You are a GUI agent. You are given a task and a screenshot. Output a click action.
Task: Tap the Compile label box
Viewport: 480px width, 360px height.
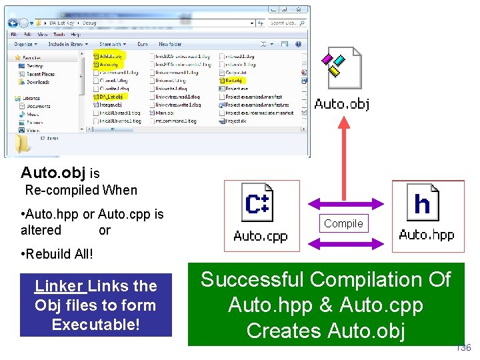point(343,224)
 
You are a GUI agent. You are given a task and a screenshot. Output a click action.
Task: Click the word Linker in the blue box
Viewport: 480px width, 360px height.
point(59,286)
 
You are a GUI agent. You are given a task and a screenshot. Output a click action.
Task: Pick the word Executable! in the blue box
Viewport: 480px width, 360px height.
point(96,325)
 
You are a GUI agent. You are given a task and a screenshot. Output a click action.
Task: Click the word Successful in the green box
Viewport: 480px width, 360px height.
point(253,279)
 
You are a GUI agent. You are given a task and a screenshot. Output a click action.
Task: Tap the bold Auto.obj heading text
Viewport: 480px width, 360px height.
point(53,173)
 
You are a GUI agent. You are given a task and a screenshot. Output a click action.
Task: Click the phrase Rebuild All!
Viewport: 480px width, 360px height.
point(60,254)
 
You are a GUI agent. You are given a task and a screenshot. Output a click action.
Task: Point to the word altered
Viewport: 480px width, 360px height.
point(41,230)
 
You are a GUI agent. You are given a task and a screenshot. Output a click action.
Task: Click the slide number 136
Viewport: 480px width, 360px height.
point(463,348)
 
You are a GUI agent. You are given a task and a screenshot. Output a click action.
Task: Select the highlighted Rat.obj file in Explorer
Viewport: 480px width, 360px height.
point(233,81)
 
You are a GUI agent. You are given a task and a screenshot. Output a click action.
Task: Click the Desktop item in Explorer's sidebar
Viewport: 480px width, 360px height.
point(34,66)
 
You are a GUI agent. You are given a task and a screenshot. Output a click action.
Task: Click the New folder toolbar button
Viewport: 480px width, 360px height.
point(170,44)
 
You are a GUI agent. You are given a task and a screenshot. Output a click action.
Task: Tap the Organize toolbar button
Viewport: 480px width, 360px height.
point(24,44)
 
